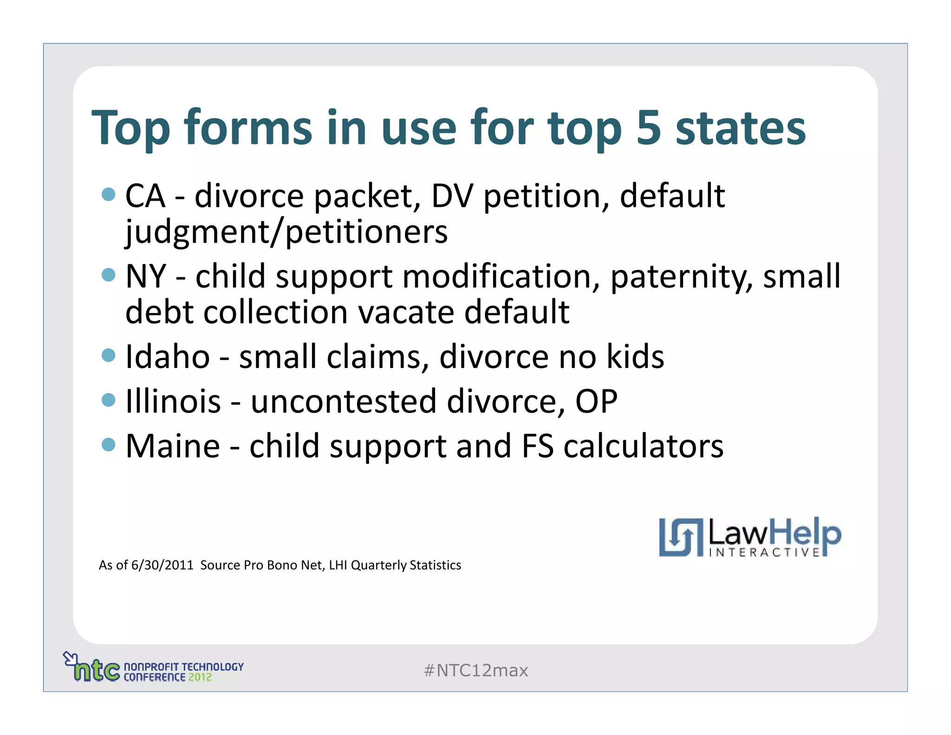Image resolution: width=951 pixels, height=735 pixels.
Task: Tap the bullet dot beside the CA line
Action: coord(108,194)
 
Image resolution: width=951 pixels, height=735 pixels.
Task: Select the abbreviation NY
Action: coord(146,276)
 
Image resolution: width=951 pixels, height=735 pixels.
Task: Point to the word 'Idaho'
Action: coord(168,357)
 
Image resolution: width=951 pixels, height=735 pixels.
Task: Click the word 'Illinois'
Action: coord(173,401)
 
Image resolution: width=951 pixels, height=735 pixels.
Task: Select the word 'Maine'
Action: coord(173,446)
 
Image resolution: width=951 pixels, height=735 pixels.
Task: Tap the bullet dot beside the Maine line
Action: coord(108,445)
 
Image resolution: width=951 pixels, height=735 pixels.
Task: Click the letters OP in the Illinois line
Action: coord(596,401)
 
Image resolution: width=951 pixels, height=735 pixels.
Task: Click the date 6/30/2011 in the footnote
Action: coord(162,565)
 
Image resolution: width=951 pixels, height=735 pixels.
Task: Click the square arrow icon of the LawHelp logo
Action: coord(681,538)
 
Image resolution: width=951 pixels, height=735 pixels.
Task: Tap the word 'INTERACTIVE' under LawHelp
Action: coord(764,552)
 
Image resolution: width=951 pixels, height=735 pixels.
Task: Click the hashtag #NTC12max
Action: coord(475,670)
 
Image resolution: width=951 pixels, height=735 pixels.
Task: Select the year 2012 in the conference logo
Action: coord(200,677)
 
